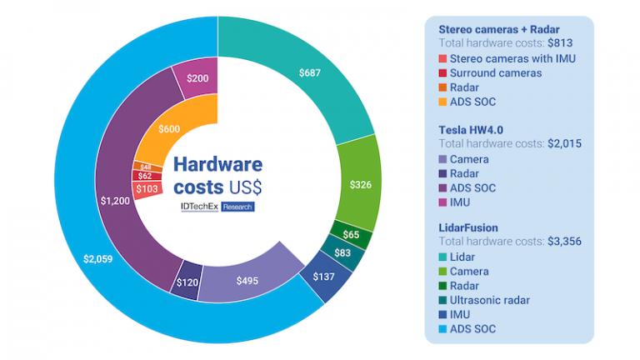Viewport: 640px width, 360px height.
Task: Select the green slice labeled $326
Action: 360,183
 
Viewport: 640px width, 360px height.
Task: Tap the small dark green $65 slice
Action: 352,234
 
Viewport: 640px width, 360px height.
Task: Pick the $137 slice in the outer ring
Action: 323,276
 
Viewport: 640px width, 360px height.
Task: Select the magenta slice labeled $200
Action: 197,77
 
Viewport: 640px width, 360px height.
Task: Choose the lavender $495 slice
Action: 246,279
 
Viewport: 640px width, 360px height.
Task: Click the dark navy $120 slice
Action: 187,282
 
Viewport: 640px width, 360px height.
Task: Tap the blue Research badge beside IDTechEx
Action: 237,206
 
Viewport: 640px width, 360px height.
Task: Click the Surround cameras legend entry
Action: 495,72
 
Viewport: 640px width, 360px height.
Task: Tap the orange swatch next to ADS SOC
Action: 442,102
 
